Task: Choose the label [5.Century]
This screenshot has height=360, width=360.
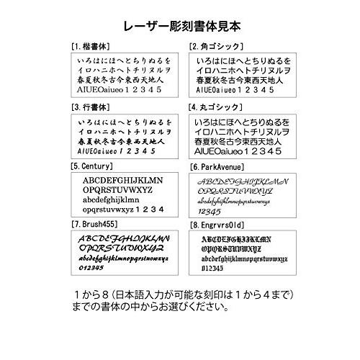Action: pyautogui.click(x=96, y=166)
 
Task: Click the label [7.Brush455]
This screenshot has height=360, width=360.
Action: pyautogui.click(x=98, y=225)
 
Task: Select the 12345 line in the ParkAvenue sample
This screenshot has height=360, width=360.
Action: pyautogui.click(x=210, y=212)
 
